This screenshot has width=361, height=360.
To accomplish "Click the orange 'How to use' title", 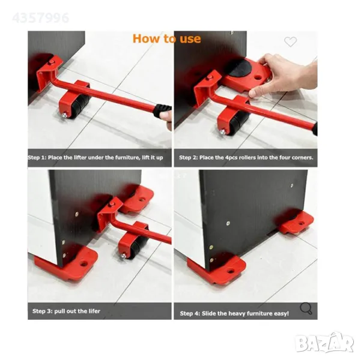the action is [x=166, y=38].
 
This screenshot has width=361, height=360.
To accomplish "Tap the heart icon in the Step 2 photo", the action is [x=290, y=41].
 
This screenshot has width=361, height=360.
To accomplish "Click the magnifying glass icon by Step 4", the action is [x=306, y=308].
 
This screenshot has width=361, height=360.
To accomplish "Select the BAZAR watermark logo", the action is [x=324, y=343].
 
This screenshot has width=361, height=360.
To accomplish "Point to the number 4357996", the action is [x=40, y=18].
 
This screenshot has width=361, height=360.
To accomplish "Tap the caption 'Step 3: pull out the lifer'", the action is [x=66, y=311].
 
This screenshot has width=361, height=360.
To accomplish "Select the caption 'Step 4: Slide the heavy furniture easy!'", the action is [x=234, y=314].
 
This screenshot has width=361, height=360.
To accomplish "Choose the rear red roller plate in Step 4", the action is [x=296, y=222].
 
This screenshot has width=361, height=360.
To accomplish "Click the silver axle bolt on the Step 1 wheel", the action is [x=64, y=115].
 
